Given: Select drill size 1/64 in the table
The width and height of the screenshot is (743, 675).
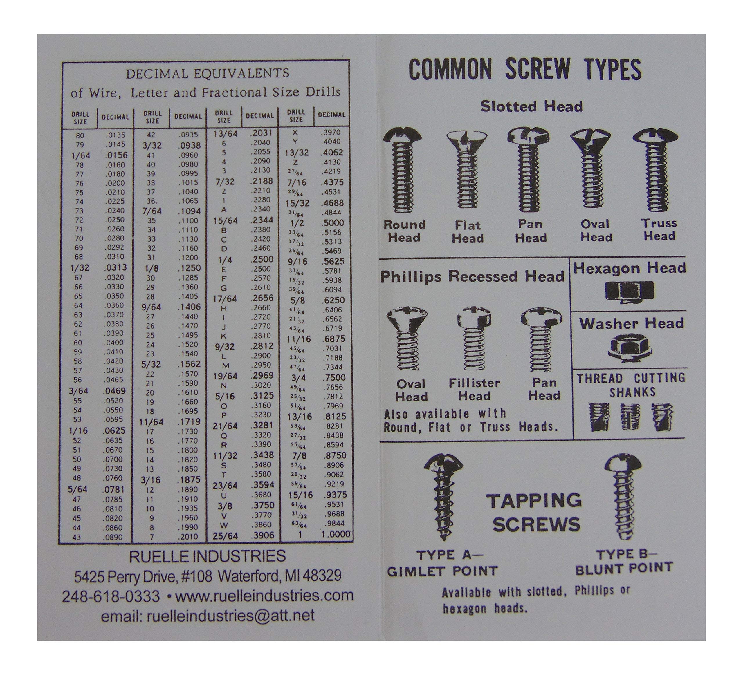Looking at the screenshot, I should tap(81, 155).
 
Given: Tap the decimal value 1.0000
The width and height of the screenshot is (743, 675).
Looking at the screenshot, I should tap(336, 534).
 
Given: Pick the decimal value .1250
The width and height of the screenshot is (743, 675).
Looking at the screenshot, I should tap(189, 268).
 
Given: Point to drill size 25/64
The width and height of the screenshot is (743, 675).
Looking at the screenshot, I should tap(225, 535).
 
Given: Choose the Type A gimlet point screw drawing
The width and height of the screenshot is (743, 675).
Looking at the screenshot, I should tap(443, 497).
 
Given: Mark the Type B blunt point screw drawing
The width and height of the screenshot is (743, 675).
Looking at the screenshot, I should tap(623, 497).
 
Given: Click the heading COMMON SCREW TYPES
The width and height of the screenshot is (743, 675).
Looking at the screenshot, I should tap(525, 69).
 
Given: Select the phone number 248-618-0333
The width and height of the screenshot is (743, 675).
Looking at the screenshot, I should tap(111, 596).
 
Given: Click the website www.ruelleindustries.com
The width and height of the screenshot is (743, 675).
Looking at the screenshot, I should tap(264, 595).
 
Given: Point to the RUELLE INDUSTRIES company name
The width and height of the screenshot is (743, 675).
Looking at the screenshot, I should tap(207, 556).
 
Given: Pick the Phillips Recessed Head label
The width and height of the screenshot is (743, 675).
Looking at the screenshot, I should tap(472, 276).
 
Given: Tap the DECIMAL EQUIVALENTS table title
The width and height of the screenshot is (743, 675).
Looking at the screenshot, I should tap(208, 73).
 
